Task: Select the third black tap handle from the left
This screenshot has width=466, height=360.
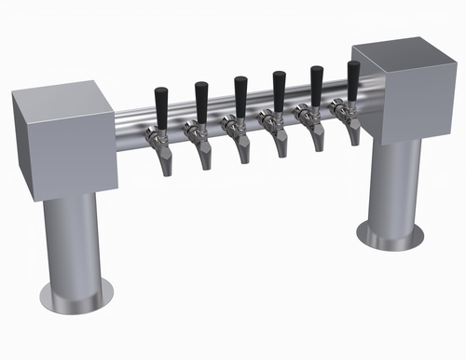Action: pyautogui.click(x=240, y=94)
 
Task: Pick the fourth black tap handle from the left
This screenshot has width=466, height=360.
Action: pyautogui.click(x=279, y=90)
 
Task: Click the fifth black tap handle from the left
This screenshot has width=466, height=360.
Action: pyautogui.click(x=316, y=85)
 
